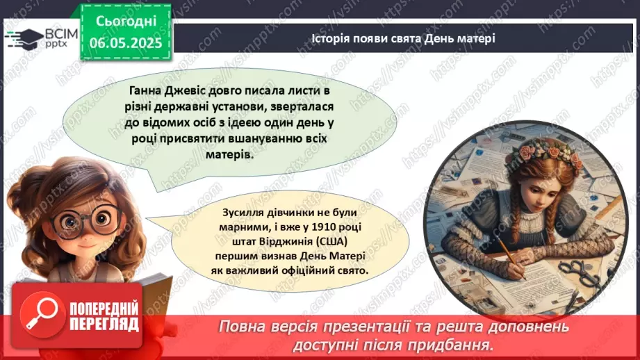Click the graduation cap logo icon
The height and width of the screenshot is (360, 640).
click(24, 36)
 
